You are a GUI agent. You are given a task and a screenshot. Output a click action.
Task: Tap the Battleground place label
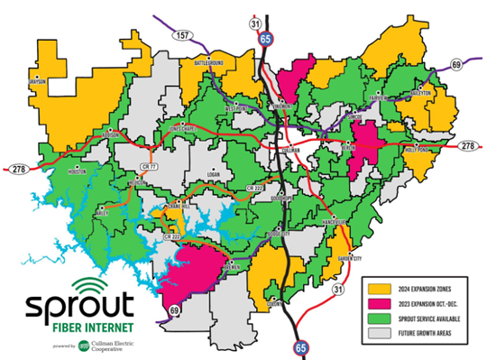click(x=208, y=62)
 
